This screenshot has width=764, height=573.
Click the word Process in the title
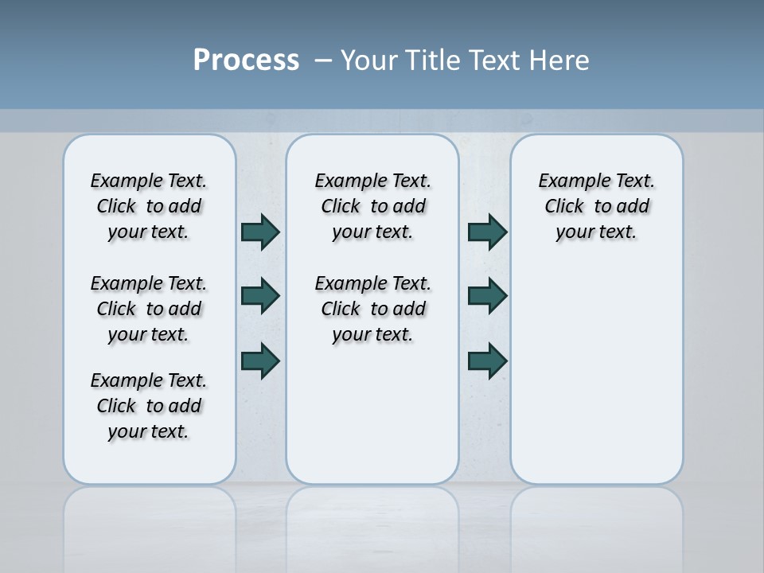click(x=246, y=60)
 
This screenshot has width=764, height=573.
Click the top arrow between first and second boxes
click(x=260, y=232)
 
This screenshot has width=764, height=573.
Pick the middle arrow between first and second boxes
click(x=260, y=296)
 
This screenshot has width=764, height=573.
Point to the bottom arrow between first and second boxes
click(x=260, y=360)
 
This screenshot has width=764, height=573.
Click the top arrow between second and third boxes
click(x=487, y=232)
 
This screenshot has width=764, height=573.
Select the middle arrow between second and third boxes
click(x=487, y=296)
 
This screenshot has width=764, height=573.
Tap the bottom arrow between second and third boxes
click(x=487, y=360)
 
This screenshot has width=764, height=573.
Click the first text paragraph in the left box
click(x=149, y=206)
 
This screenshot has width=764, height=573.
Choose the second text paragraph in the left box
click(x=149, y=309)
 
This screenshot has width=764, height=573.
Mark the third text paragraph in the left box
click(x=149, y=406)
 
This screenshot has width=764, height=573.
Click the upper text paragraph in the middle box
click(x=372, y=206)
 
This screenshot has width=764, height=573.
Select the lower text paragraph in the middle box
click(x=372, y=309)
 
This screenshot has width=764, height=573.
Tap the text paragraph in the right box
click(x=596, y=206)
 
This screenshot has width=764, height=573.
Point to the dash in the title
click(x=323, y=60)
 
